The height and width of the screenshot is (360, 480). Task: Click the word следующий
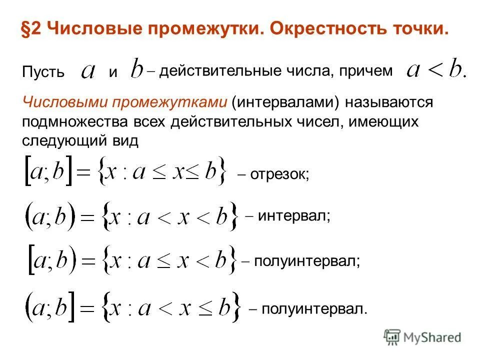pyautogui.click(x=61, y=141)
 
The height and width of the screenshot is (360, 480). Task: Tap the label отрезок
pyautogui.click(x=278, y=174)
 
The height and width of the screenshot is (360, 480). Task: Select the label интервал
pyautogui.click(x=293, y=216)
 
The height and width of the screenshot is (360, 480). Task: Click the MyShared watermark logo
pyautogui.click(x=423, y=337)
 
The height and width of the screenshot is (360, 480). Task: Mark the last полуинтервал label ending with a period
pyautogui.click(x=313, y=309)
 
